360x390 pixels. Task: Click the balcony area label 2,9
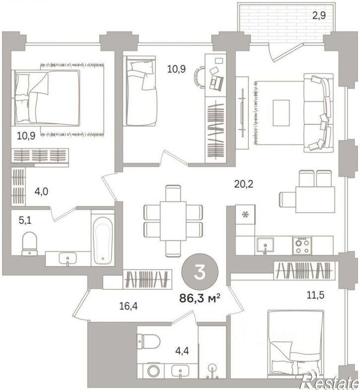[319, 16]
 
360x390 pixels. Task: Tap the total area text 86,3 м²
[200, 298]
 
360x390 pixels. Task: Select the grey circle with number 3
[200, 272]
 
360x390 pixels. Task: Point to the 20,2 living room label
[244, 184]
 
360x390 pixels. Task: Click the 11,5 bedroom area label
[315, 295]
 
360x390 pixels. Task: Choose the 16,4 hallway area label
[128, 306]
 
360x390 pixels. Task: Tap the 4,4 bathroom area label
[182, 351]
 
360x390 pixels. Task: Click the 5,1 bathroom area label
[25, 220]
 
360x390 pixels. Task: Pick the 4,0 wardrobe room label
[41, 191]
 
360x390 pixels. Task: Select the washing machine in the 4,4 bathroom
[151, 371]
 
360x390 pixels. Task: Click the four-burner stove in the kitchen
[302, 245]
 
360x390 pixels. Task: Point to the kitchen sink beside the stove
[265, 245]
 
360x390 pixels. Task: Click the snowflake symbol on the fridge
[246, 214]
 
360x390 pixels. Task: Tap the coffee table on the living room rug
[281, 113]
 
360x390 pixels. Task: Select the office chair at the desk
[199, 78]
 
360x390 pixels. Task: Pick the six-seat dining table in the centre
[173, 221]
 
